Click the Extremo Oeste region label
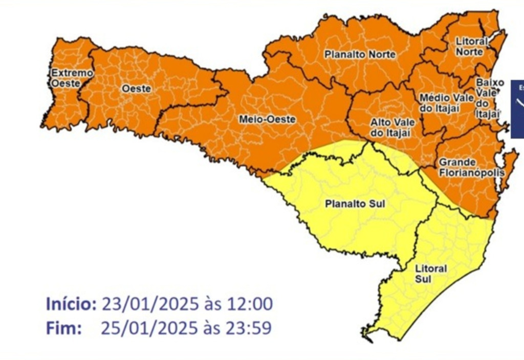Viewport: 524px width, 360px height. point(72,78)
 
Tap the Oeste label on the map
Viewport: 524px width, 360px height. point(136,88)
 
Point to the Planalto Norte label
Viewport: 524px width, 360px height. point(360,54)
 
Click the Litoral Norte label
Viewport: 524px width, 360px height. point(472,47)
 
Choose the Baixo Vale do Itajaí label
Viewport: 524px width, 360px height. point(488,99)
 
